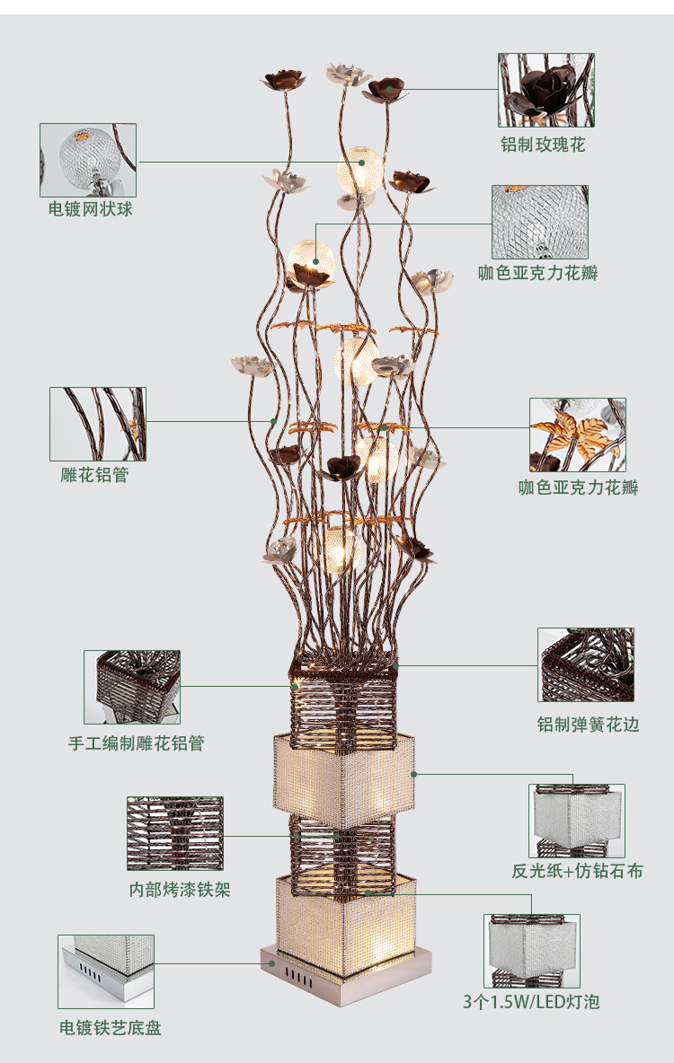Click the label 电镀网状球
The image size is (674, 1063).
point(91,209)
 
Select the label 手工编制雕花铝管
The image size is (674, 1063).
point(137,743)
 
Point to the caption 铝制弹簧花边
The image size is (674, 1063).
point(588,724)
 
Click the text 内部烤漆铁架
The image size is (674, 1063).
point(180,890)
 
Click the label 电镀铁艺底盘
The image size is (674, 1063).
point(111,1028)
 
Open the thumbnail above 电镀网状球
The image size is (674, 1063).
point(88,160)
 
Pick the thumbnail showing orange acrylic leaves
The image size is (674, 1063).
point(577,435)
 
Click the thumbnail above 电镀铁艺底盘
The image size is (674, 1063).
point(106,971)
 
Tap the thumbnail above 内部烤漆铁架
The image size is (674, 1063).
point(175,833)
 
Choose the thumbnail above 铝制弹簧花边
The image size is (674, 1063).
point(586,665)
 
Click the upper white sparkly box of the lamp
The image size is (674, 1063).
point(344,770)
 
